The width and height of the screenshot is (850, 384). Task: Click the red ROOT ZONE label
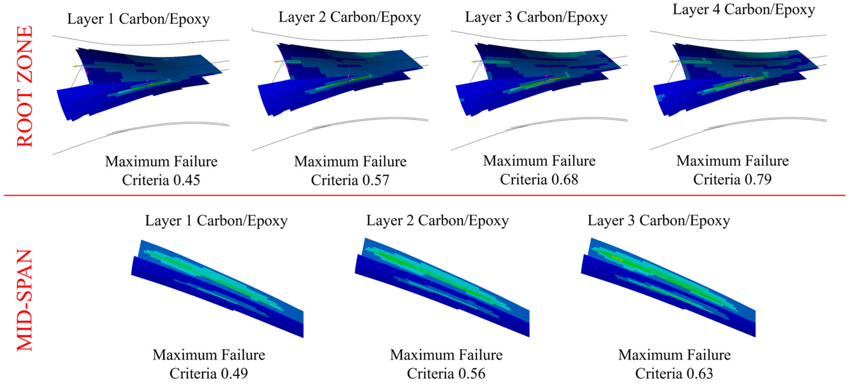click(x=25, y=86)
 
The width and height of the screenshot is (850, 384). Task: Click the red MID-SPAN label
click(x=25, y=300)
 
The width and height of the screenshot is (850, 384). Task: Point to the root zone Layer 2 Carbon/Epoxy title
click(x=349, y=17)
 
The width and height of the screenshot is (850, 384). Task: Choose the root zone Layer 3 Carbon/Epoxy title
click(x=536, y=17)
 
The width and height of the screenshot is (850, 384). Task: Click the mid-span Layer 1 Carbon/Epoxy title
click(x=216, y=221)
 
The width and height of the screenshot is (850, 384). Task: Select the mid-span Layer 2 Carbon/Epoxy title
click(x=438, y=221)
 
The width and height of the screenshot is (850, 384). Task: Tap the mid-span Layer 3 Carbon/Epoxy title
click(x=659, y=221)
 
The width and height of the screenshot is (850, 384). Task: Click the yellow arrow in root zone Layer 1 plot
click(x=75, y=66)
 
